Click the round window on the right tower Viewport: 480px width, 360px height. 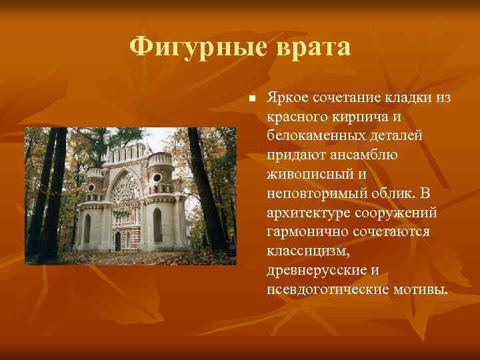point(157,178)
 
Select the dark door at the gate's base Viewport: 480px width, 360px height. point(118,241)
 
